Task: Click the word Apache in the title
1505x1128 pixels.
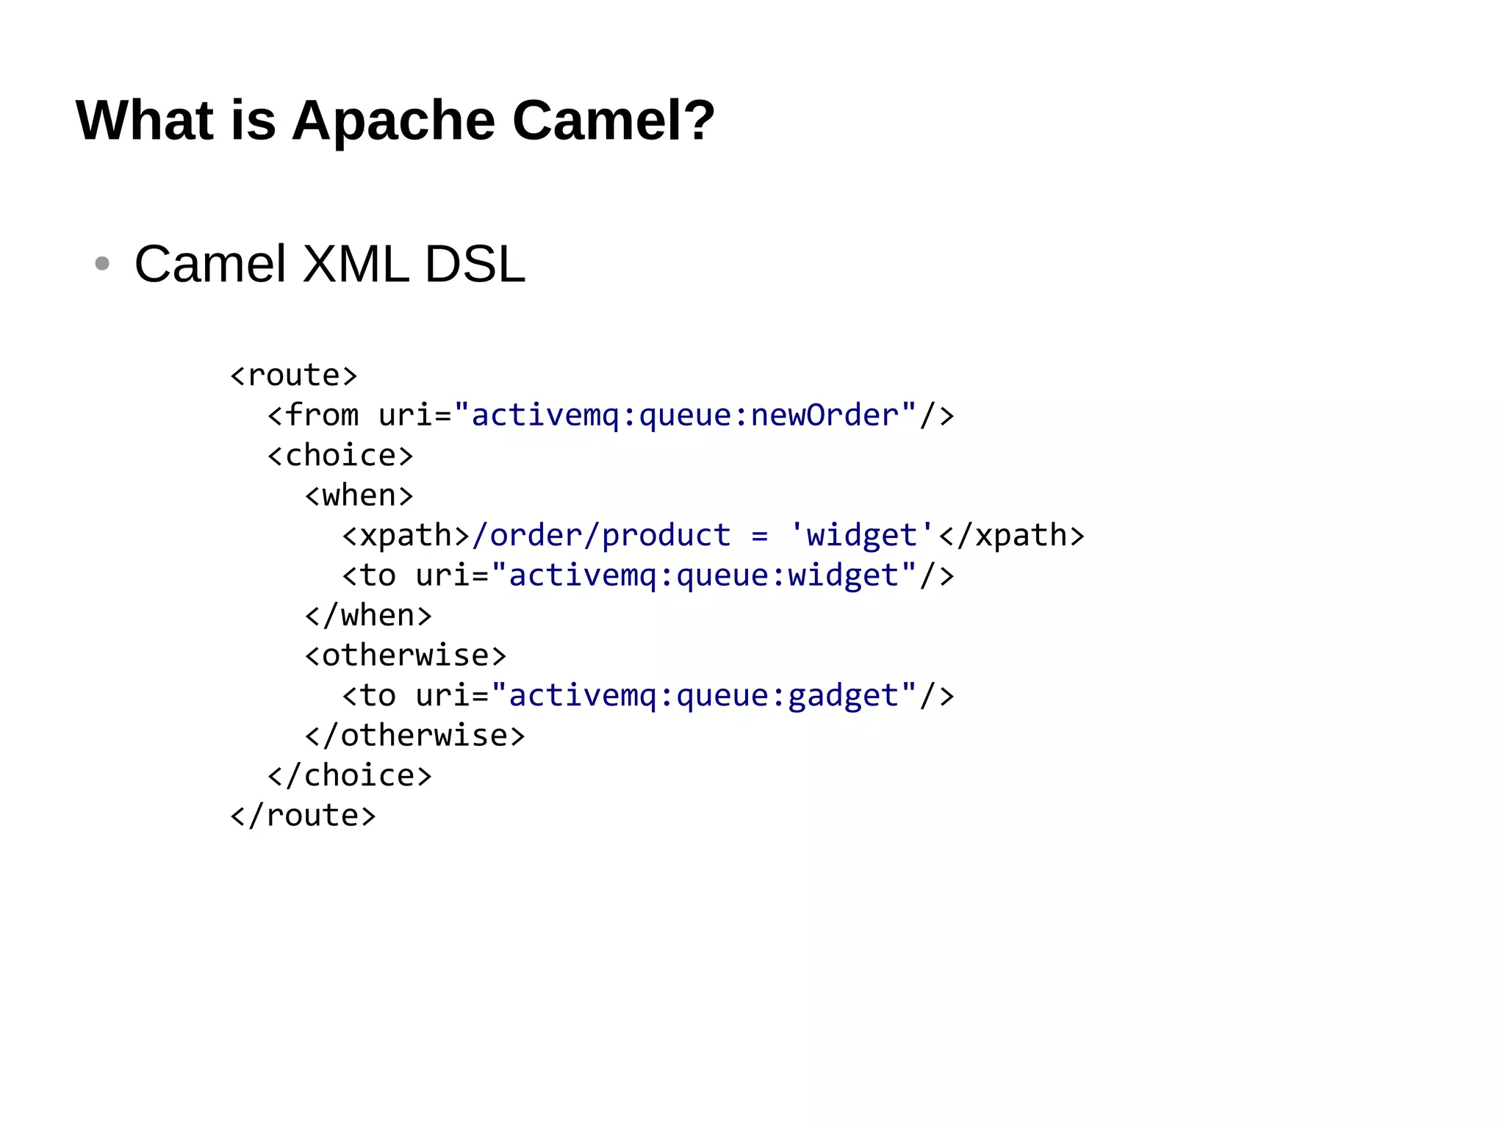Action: [x=394, y=121]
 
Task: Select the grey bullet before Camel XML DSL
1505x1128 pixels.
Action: [x=102, y=263]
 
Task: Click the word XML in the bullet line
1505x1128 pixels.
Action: [x=356, y=264]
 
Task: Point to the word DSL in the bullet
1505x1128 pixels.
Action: [x=475, y=264]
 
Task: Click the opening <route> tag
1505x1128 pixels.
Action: [x=294, y=376]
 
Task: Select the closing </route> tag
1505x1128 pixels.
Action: [x=303, y=816]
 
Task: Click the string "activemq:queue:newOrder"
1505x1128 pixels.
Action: [x=685, y=416]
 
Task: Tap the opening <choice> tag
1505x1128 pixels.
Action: [x=340, y=456]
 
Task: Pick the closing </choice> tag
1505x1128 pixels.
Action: [x=350, y=776]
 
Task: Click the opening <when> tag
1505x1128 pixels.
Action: [x=359, y=496]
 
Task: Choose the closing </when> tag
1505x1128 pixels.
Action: [x=368, y=616]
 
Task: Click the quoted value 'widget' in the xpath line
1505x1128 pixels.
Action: [x=861, y=536]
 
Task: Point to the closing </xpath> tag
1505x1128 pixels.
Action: [x=1011, y=536]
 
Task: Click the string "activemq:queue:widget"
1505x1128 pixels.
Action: [x=704, y=575]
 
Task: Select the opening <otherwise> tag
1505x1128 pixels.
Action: [x=406, y=655]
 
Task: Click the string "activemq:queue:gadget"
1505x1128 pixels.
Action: [x=704, y=696]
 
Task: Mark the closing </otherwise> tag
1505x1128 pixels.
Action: [x=415, y=736]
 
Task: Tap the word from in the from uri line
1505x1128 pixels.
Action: [x=322, y=416]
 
